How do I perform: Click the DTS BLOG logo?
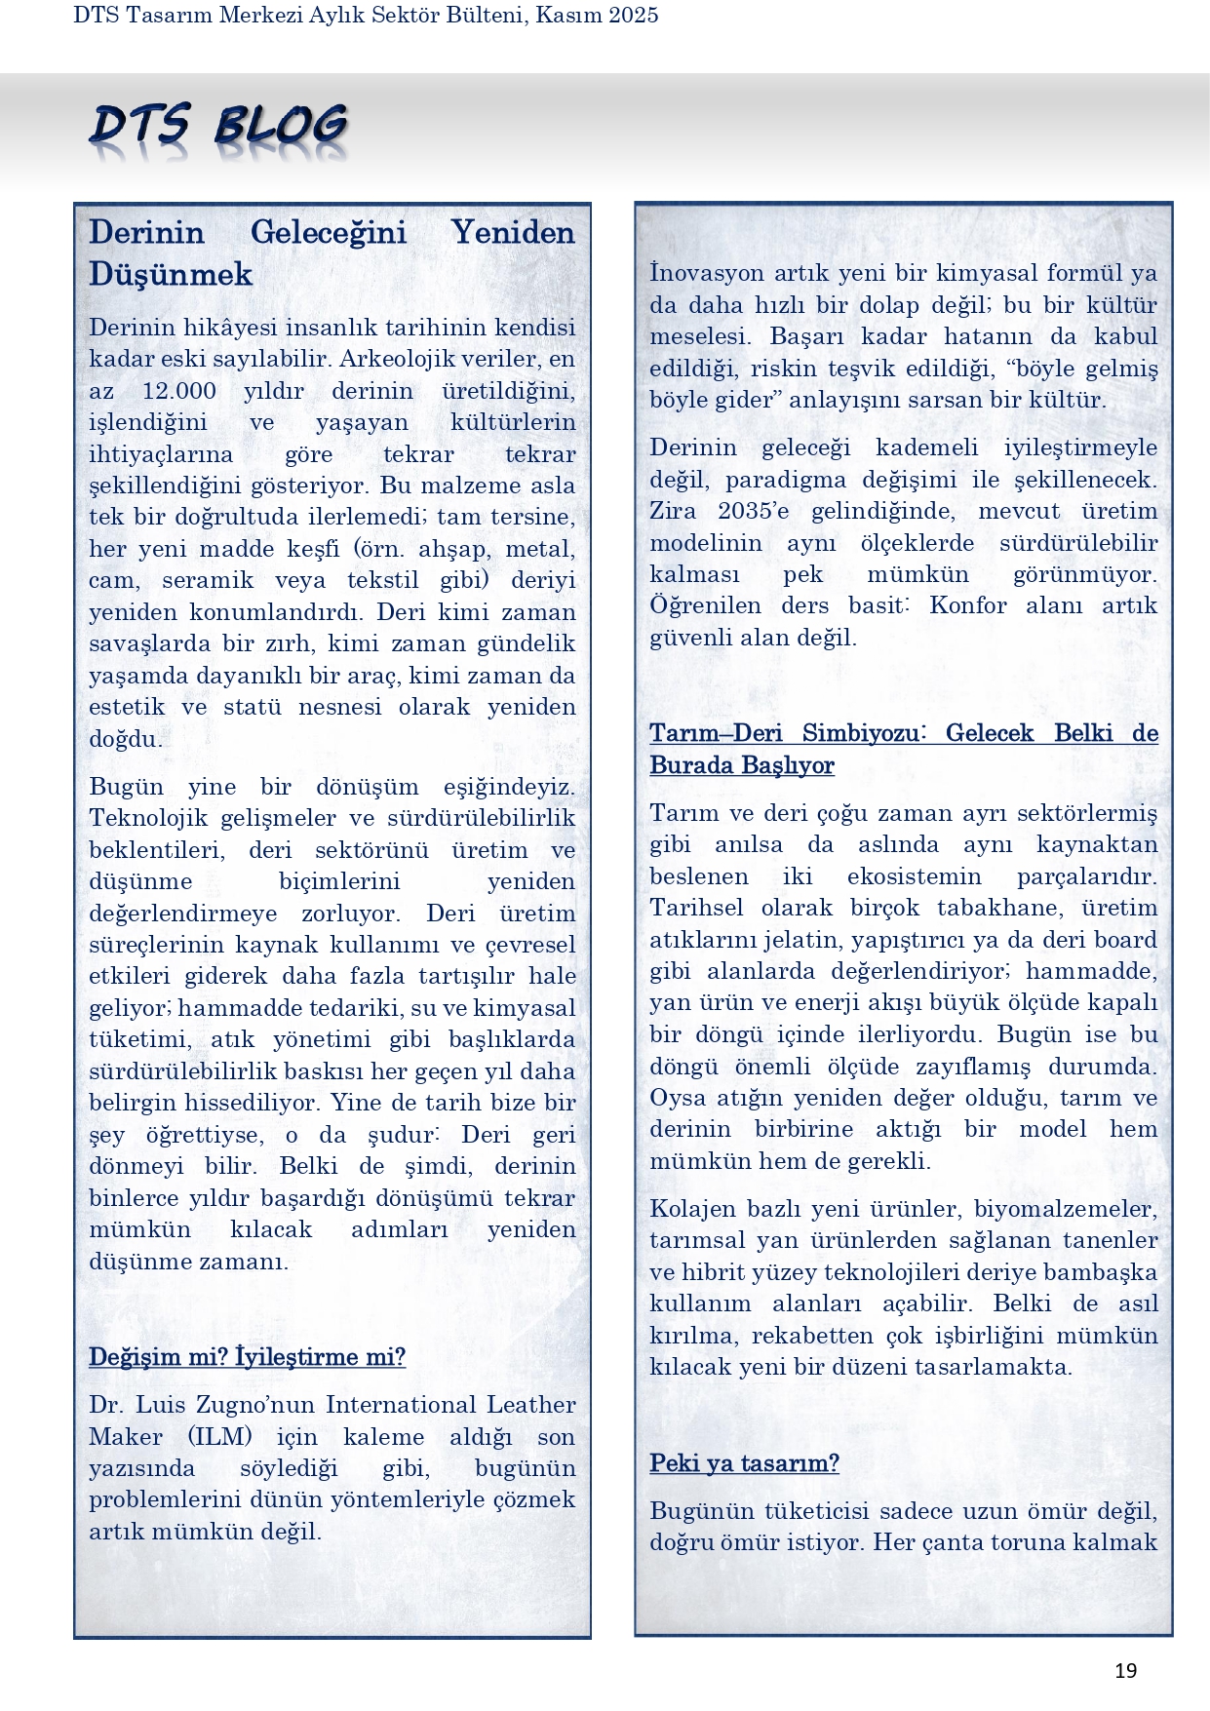[x=218, y=128]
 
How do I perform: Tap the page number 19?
[x=1125, y=1671]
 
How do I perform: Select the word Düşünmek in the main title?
[x=171, y=274]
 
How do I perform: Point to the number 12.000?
[x=179, y=391]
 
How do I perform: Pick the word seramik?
[x=207, y=580]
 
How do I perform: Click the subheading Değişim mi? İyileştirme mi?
[x=247, y=1357]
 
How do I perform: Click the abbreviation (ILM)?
[x=220, y=1437]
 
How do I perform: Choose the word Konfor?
[x=967, y=605]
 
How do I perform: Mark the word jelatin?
[x=807, y=940]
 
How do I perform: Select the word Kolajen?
[x=692, y=1209]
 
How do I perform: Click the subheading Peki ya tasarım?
[x=744, y=1463]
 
